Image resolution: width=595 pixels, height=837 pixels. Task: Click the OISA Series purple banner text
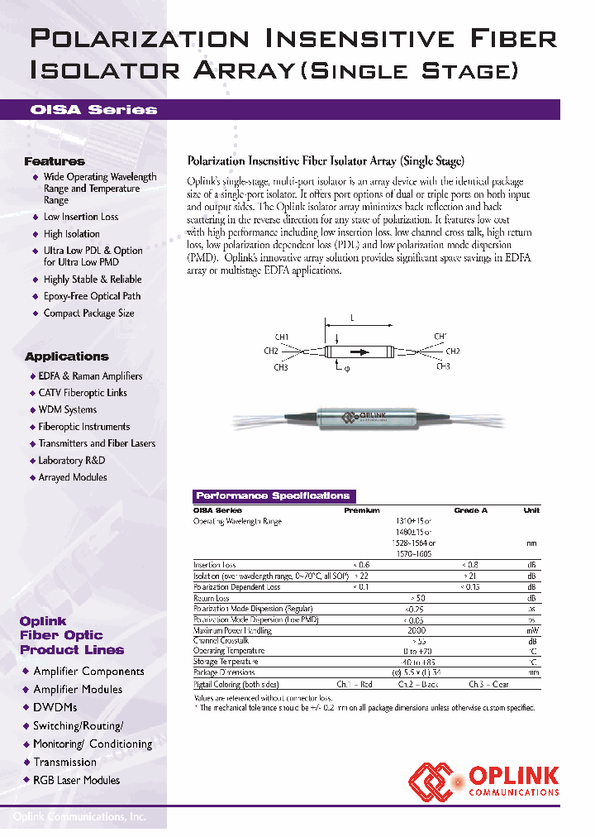pyautogui.click(x=93, y=110)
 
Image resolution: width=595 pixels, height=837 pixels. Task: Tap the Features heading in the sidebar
pyautogui.click(x=55, y=161)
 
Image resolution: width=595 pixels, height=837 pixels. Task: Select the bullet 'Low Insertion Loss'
pyautogui.click(x=80, y=217)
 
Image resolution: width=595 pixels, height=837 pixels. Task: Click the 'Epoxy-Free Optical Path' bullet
pyautogui.click(x=92, y=296)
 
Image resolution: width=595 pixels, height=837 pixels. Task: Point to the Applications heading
pyautogui.click(x=66, y=356)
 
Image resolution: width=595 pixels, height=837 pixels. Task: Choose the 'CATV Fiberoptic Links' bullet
pyautogui.click(x=83, y=393)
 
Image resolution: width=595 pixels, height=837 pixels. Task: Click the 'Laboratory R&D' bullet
pyautogui.click(x=72, y=461)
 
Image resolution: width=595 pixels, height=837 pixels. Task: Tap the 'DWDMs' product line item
pyautogui.click(x=55, y=707)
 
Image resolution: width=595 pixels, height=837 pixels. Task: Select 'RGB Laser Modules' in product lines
pyautogui.click(x=76, y=780)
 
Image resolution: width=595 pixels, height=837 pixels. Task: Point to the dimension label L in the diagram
pyautogui.click(x=352, y=318)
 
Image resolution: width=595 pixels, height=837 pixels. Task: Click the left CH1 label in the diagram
pyautogui.click(x=281, y=337)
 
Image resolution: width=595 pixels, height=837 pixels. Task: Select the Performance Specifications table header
pyautogui.click(x=273, y=496)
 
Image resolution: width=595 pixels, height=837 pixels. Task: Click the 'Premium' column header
pyautogui.click(x=361, y=510)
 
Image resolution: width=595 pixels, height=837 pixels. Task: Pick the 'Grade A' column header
pyautogui.click(x=470, y=510)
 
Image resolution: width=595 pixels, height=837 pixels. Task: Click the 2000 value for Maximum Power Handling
pyautogui.click(x=417, y=630)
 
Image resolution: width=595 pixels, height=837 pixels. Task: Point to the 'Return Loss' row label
pyautogui.click(x=212, y=598)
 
